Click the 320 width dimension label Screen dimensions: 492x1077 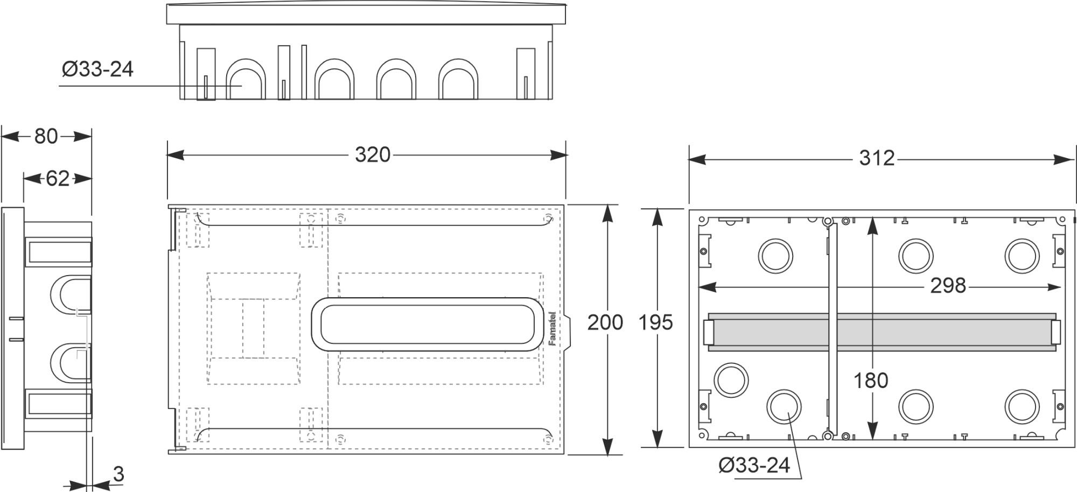coord(372,155)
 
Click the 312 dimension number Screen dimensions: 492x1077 coord(876,158)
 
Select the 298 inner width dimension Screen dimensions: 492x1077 coord(948,286)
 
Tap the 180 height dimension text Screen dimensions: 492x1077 coord(870,381)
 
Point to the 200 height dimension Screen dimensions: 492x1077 coord(605,322)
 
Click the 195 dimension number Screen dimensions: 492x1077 coord(655,322)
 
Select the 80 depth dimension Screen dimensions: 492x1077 coord(46,137)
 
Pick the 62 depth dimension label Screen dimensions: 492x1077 coord(57,178)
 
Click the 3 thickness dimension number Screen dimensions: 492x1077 coord(118,474)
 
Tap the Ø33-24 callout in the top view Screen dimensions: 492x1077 coord(97,69)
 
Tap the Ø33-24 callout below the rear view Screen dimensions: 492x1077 coord(754,465)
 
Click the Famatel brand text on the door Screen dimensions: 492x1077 coord(552,328)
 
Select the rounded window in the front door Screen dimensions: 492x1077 coord(428,325)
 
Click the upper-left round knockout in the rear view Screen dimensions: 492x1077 coord(775,256)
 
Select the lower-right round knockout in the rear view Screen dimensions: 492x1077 coord(1021,406)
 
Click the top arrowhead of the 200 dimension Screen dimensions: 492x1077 coord(607,212)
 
